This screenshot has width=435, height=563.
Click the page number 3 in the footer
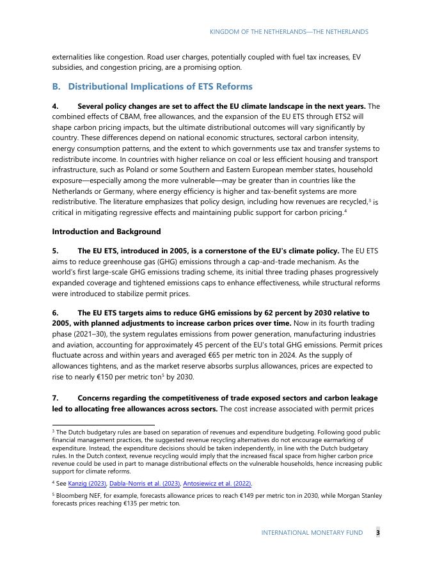click(377, 532)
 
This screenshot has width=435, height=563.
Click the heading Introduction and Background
click(106, 232)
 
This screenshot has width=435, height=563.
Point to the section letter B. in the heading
click(56, 86)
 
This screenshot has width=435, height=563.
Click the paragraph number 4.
click(56, 106)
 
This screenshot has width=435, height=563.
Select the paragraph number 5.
click(56, 251)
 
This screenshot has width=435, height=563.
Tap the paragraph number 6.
click(56, 313)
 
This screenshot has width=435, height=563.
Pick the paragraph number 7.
click(56, 398)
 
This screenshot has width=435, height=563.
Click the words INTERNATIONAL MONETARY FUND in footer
click(312, 532)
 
